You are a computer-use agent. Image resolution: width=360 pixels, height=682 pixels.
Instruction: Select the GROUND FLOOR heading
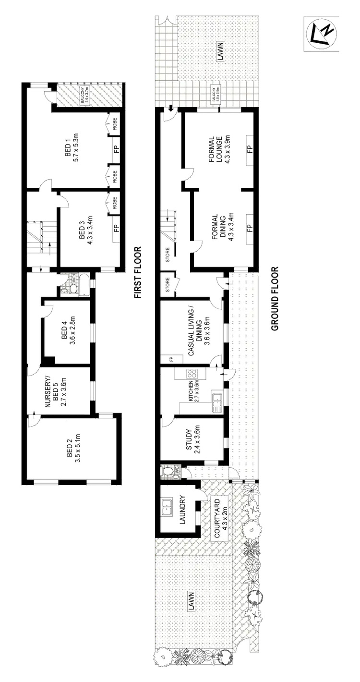tap(275, 298)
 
